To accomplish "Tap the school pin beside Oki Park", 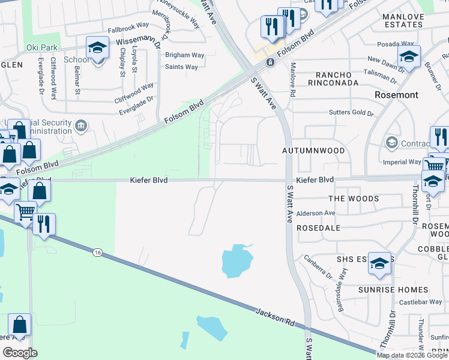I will (97, 48).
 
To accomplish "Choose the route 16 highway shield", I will (97, 253).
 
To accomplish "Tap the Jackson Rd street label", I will (274, 317).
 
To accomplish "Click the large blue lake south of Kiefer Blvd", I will (237, 262).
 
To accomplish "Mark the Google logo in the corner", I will (20, 353).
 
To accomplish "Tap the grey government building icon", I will (82, 125).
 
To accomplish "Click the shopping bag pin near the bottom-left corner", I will (19, 325).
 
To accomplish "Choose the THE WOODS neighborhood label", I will (354, 199).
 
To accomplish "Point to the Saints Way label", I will (181, 67).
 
